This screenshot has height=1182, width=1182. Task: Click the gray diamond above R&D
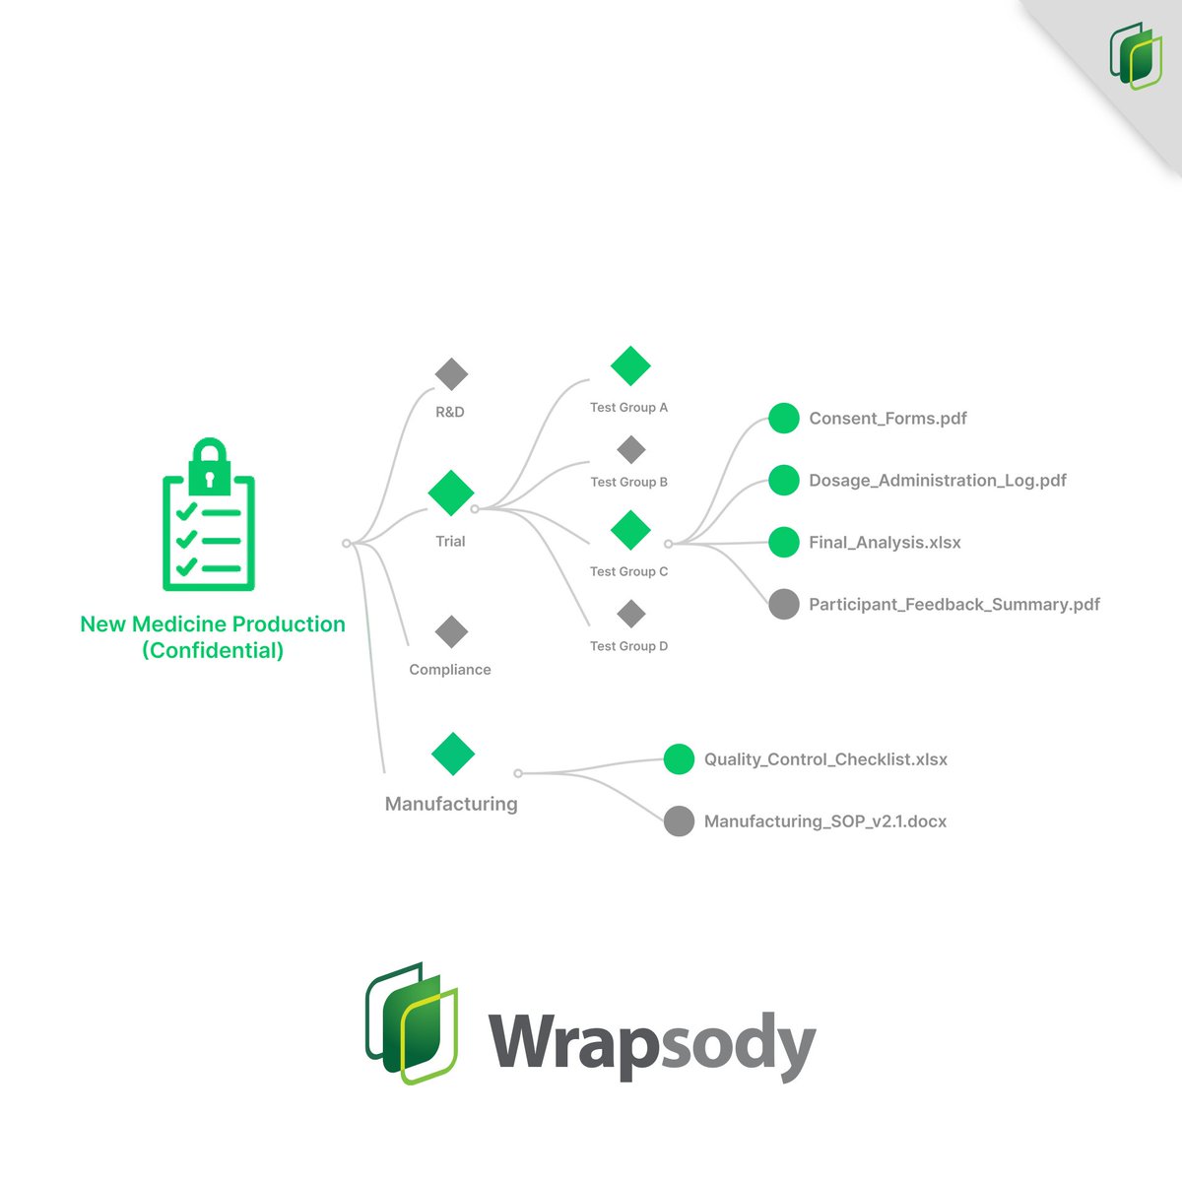point(451,374)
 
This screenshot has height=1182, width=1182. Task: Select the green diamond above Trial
point(451,492)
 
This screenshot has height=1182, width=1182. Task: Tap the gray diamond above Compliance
point(451,632)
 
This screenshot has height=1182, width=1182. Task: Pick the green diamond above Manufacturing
point(453,755)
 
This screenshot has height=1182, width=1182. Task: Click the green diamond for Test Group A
point(630,365)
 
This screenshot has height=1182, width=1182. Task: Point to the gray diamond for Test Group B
point(630,450)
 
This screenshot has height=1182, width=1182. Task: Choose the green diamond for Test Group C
point(630,530)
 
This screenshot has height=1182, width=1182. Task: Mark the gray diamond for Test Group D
point(630,615)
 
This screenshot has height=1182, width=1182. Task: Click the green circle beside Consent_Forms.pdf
point(784,419)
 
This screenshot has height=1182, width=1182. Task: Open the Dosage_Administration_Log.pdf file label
point(937,481)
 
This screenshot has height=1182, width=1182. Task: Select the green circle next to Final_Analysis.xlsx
point(784,543)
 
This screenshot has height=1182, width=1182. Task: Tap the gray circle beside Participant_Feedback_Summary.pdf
point(784,605)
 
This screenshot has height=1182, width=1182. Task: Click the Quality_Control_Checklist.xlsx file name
point(825,759)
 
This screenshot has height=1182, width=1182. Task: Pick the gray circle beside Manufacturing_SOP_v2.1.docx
point(679,821)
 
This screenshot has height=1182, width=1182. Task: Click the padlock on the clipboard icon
point(209,466)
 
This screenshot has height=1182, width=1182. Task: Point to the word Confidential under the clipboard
point(213,650)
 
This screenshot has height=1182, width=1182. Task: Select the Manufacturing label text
point(451,804)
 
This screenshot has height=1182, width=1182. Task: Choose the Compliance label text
point(450,670)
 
